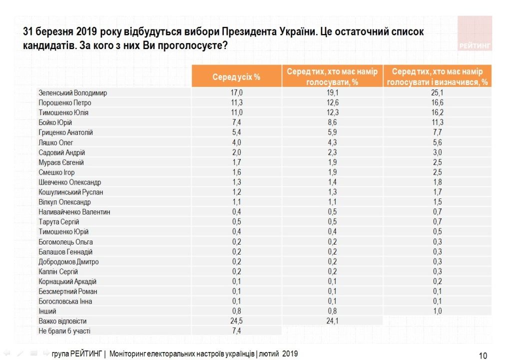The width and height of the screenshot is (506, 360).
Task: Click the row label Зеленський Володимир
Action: click(x=72, y=93)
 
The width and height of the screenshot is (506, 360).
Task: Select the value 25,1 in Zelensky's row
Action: click(x=438, y=93)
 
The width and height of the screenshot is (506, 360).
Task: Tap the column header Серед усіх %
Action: click(x=236, y=77)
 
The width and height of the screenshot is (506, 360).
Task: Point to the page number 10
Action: click(x=483, y=355)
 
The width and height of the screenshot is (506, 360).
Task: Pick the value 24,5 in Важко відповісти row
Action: click(x=236, y=321)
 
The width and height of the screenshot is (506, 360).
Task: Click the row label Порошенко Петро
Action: click(x=65, y=103)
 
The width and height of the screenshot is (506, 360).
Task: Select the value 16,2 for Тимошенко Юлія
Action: click(x=438, y=113)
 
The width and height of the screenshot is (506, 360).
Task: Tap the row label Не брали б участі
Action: click(x=64, y=331)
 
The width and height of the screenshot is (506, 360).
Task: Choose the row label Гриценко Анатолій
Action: click(x=65, y=132)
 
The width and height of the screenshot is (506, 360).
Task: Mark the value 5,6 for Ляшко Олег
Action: click(x=438, y=142)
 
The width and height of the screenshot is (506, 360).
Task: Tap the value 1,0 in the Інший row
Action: click(x=438, y=311)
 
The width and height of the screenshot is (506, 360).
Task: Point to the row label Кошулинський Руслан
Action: click(x=71, y=192)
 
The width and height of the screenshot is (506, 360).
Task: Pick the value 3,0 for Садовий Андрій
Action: click(x=438, y=152)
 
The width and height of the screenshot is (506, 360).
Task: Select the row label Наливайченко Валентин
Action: click(x=74, y=212)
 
